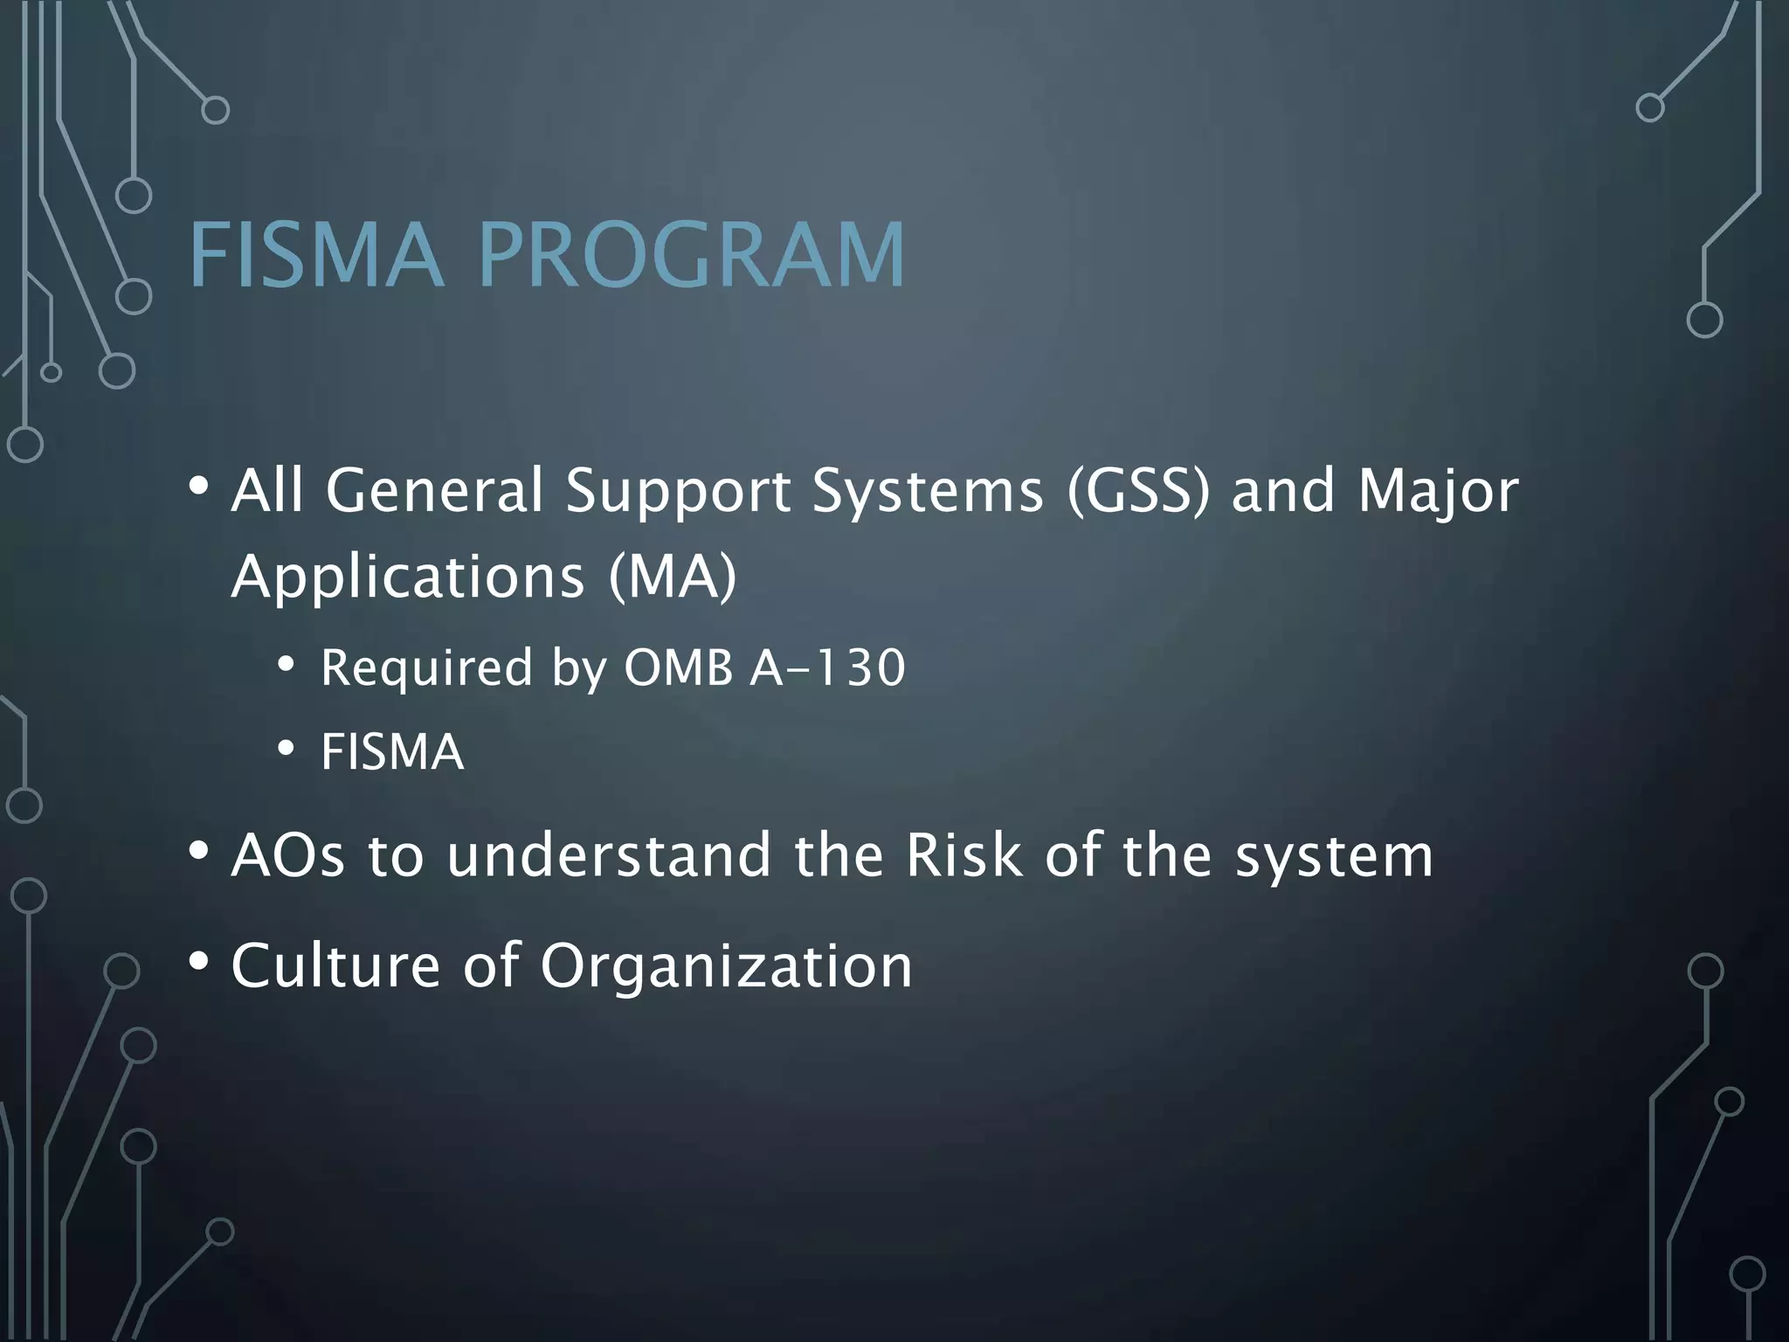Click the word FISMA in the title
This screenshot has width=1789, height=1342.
(315, 255)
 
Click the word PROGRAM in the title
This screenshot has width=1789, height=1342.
(692, 255)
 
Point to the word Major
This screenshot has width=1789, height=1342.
(1439, 490)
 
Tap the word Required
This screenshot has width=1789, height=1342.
(426, 668)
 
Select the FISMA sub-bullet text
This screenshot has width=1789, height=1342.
(392, 751)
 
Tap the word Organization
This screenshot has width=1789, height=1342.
(726, 965)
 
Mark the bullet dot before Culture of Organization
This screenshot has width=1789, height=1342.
(199, 960)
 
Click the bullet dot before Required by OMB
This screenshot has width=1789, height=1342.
(286, 666)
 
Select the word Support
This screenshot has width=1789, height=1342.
(677, 490)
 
